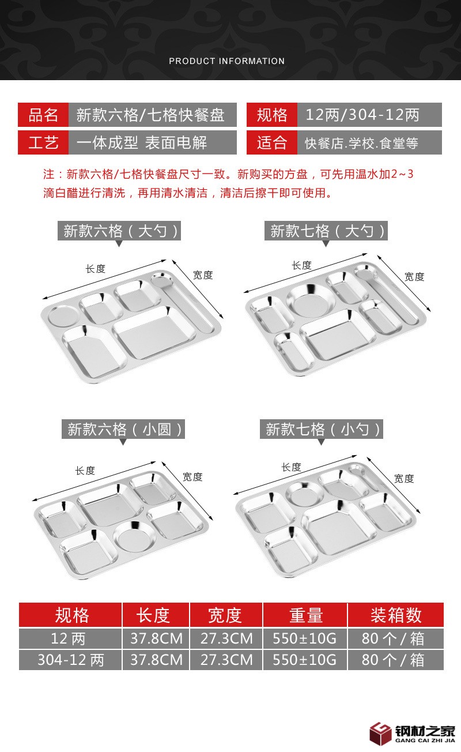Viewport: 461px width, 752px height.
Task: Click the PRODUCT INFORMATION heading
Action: coord(227,61)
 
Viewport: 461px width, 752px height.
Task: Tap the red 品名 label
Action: coord(43,115)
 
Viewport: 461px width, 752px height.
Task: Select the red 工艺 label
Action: coord(43,142)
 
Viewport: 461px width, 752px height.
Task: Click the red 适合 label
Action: coord(272,142)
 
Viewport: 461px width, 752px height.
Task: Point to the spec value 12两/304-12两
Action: coord(362,115)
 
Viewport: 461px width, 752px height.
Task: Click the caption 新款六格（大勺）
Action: coord(119,231)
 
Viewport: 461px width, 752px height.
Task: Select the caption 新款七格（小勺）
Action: coord(322,429)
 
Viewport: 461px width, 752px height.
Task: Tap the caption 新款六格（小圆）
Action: coord(123,430)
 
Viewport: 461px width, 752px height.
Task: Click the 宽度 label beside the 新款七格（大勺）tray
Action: coord(414,277)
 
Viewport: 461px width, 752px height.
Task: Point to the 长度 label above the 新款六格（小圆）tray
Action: coord(85,471)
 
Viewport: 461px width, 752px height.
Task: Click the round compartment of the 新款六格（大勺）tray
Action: coord(64,316)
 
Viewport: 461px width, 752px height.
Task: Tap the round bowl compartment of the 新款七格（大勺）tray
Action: coord(311,300)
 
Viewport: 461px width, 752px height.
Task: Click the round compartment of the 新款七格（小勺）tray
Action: coord(305,494)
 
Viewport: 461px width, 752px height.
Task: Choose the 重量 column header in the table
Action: coord(305,615)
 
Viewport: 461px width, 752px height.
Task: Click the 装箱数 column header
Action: coord(395,615)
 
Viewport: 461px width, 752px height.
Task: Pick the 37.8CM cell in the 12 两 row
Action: coord(156,638)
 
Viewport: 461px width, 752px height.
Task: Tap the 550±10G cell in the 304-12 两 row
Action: coord(305,660)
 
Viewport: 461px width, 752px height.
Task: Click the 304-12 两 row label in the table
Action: coord(70,660)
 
